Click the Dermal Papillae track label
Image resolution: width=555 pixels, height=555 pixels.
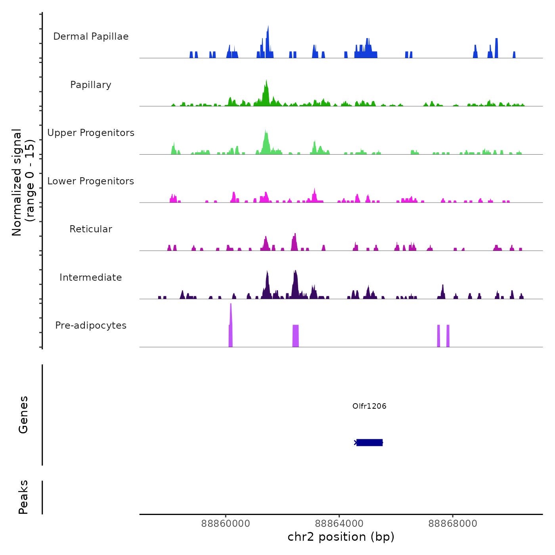(x=91, y=36)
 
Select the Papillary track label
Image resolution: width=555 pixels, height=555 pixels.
(x=91, y=85)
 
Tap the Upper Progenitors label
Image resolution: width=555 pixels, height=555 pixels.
(x=91, y=133)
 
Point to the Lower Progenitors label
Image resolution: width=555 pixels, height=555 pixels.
(x=91, y=181)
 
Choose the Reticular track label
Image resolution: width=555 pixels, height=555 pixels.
(x=91, y=229)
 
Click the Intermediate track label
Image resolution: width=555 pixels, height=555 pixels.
(x=91, y=277)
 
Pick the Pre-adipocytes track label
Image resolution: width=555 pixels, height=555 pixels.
(x=91, y=325)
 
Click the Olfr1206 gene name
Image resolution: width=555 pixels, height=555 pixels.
(x=369, y=406)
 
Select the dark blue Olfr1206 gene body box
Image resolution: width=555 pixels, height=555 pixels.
(x=369, y=442)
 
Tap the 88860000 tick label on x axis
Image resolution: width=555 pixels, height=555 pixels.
(x=226, y=524)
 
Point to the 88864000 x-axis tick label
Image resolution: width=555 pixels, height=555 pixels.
(x=339, y=524)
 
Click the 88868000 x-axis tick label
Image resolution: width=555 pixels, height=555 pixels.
(x=453, y=524)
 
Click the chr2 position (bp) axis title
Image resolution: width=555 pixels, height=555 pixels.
(x=341, y=537)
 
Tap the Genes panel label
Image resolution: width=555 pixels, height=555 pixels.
(x=23, y=415)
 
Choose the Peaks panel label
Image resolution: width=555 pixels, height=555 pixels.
(x=23, y=497)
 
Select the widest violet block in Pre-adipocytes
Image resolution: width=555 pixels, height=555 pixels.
(x=295, y=336)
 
